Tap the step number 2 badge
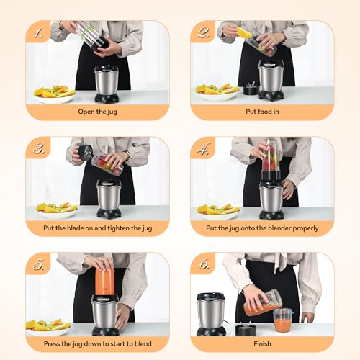pos(202,32)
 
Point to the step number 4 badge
pos(202,148)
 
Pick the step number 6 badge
pos(202,264)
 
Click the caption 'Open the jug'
pos(97,112)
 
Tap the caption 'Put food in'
pos(262,112)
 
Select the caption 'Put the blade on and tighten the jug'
pos(97,228)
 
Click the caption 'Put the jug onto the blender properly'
pos(262,228)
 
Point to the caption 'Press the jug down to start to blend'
pos(97,343)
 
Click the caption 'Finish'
pos(262,343)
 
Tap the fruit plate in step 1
pos(55,92)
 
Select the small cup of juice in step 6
pos(283,319)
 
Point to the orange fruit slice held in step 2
pos(245,32)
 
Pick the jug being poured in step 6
pos(261,305)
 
